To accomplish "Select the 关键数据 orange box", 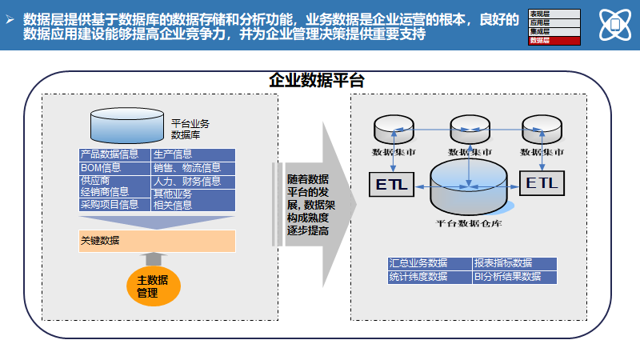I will [x=157, y=241].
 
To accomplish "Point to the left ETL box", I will [x=390, y=186].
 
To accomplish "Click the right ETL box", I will [x=542, y=183].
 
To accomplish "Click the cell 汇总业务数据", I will [x=428, y=263].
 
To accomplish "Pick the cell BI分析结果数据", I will [x=513, y=277].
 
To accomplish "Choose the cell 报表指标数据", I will [x=513, y=263].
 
